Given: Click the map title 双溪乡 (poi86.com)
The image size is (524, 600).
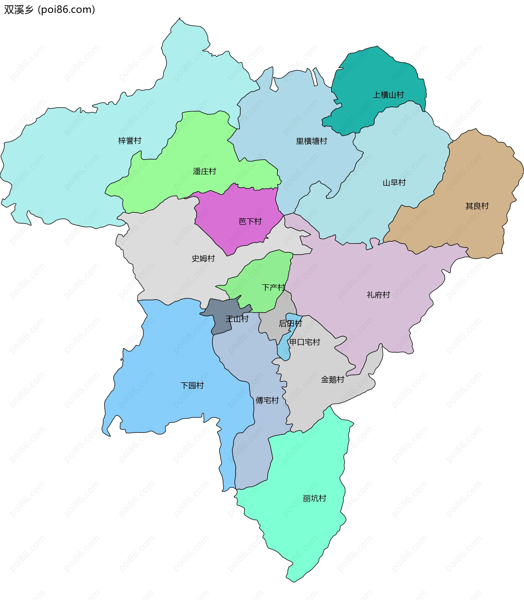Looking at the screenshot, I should click(49, 10).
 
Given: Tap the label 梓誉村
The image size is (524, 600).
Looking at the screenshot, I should click(130, 140).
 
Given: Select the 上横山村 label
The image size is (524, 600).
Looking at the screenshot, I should click(388, 95).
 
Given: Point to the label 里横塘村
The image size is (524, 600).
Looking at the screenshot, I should click(311, 141).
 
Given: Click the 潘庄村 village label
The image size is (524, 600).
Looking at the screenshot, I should click(204, 171).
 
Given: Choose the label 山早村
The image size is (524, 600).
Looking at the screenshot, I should click(394, 183).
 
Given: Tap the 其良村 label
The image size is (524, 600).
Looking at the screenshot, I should click(477, 206).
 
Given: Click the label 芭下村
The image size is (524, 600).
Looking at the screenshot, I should click(250, 221).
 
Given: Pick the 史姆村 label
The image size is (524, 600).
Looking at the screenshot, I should click(203, 258).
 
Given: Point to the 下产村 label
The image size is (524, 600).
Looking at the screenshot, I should click(273, 287).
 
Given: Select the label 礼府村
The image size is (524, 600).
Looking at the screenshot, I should click(378, 295).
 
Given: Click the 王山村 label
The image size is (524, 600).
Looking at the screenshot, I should click(237, 319).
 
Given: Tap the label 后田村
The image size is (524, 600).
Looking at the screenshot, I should click(290, 323).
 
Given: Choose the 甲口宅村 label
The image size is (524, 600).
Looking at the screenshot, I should click(305, 342).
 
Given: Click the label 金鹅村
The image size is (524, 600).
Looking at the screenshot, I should click(332, 380).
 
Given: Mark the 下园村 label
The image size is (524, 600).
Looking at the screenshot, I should click(192, 385).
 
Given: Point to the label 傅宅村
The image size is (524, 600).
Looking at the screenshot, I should click(267, 400).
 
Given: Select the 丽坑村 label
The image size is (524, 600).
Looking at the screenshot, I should click(314, 498).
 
